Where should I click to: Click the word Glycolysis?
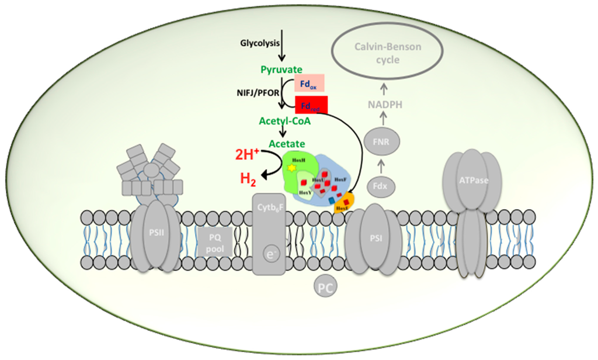[x=259, y=43]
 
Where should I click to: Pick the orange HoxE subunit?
[x=343, y=204]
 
